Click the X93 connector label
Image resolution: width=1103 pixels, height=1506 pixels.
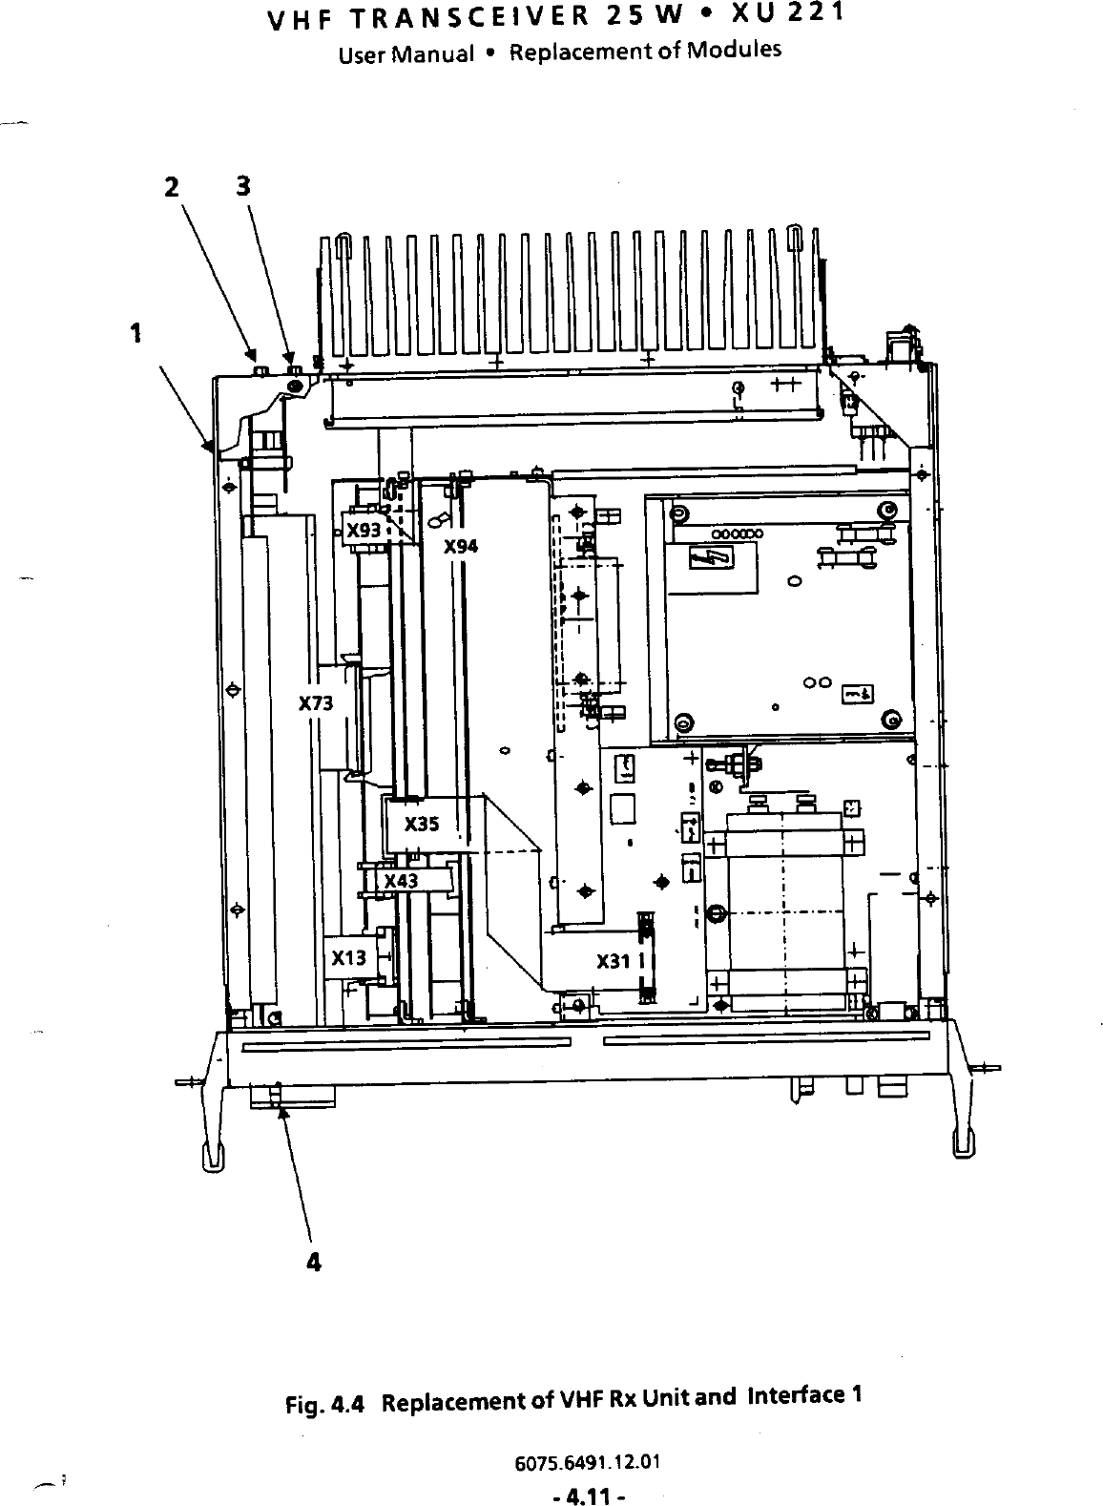tap(364, 530)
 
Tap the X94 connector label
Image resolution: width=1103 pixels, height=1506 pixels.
tap(461, 547)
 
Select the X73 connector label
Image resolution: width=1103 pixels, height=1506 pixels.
tap(316, 704)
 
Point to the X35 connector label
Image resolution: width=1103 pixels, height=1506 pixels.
tap(422, 824)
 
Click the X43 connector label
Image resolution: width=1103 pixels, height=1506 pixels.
tap(401, 881)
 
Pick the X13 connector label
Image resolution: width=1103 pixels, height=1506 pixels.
tap(349, 958)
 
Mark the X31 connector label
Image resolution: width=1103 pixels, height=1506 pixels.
tap(614, 961)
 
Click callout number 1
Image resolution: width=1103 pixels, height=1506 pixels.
tap(137, 332)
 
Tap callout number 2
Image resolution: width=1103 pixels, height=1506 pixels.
tap(171, 188)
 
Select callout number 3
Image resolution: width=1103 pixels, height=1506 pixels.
tap(243, 186)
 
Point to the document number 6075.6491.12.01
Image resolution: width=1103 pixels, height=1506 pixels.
tap(588, 1463)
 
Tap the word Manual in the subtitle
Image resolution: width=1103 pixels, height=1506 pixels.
tap(436, 53)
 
